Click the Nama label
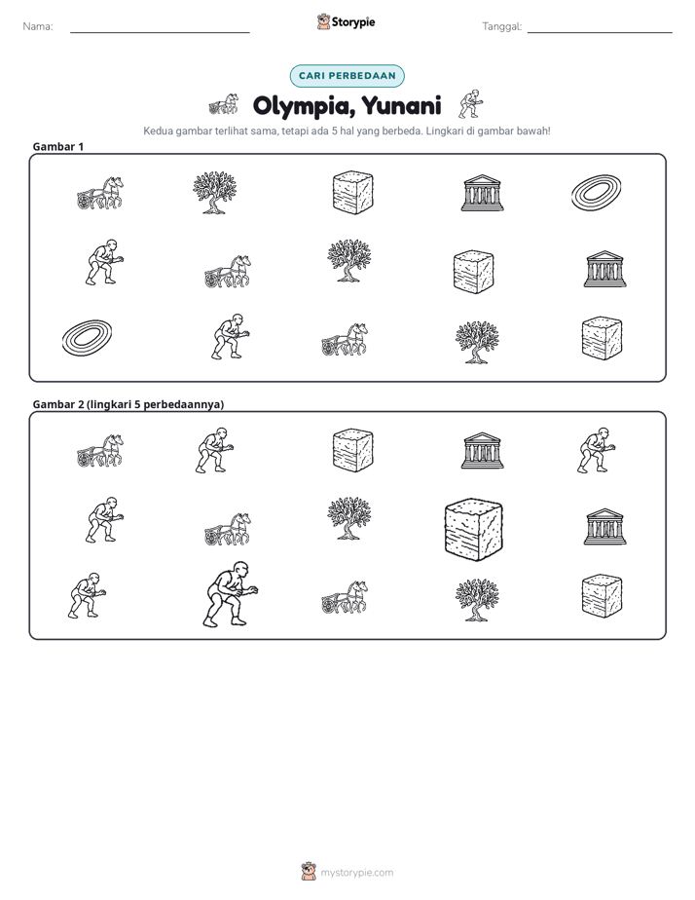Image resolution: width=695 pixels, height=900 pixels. (38, 26)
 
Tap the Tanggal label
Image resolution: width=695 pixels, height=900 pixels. (501, 26)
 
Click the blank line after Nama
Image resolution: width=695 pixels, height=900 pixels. (160, 33)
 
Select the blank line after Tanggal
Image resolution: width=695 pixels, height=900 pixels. (600, 33)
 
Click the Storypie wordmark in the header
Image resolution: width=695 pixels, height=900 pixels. (353, 22)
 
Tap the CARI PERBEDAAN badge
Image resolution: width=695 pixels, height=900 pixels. (347, 76)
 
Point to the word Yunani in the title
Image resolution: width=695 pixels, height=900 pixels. (401, 105)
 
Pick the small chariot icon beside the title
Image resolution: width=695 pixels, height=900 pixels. (224, 104)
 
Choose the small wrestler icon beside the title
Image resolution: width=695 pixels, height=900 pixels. (471, 104)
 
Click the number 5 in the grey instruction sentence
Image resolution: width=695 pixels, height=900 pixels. (334, 131)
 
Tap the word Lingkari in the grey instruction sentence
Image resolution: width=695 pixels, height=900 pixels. (444, 131)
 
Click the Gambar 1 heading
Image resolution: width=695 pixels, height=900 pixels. (58, 146)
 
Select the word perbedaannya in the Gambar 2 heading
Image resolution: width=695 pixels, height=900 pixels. (184, 404)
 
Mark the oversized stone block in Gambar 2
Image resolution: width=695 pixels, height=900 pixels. (474, 529)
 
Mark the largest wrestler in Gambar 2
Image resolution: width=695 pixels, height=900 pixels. (231, 594)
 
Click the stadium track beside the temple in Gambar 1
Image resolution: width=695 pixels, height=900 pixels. (597, 193)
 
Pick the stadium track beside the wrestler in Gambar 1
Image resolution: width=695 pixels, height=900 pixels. (87, 337)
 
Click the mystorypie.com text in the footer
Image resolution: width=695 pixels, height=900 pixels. (356, 873)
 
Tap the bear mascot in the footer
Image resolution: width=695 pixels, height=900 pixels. (309, 872)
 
